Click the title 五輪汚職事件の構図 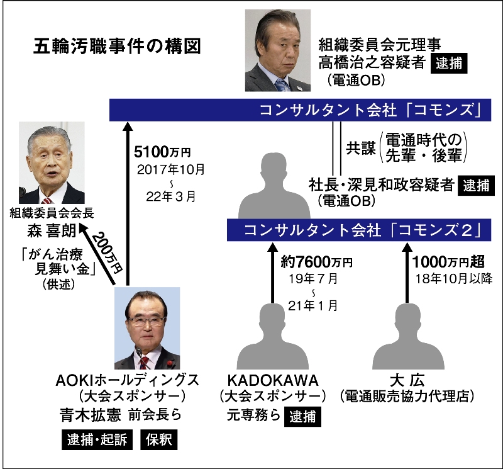[117, 47]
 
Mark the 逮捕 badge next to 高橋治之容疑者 [448, 65]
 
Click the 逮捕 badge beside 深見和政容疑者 [476, 186]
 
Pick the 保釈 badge [160, 439]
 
